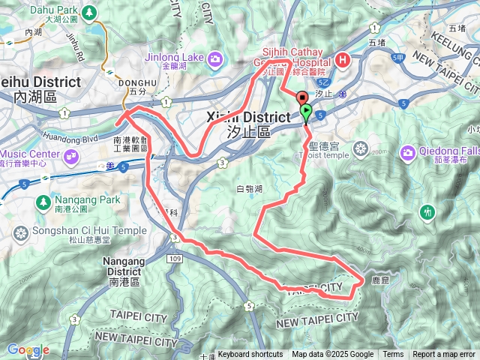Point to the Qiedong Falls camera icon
[x=408, y=153]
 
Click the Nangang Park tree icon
[x=42, y=202]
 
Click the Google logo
[x=28, y=349]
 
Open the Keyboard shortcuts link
[x=250, y=355]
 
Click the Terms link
[x=393, y=355]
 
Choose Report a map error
[x=443, y=355]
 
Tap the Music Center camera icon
[x=72, y=156]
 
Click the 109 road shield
[x=175, y=258]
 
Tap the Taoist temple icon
[x=361, y=147]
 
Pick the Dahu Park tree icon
[x=89, y=13]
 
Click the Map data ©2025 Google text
[x=332, y=355]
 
